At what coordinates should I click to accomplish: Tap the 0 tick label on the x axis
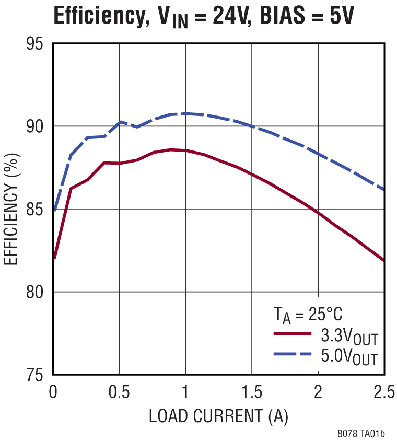[53, 392]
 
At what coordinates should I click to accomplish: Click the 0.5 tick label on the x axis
[119, 392]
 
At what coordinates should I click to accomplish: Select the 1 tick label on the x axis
[185, 392]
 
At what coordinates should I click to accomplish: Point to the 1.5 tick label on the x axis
[252, 392]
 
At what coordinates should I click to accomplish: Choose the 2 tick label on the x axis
[318, 392]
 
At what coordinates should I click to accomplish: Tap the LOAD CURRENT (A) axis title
[218, 416]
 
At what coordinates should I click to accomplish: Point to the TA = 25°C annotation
[308, 315]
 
